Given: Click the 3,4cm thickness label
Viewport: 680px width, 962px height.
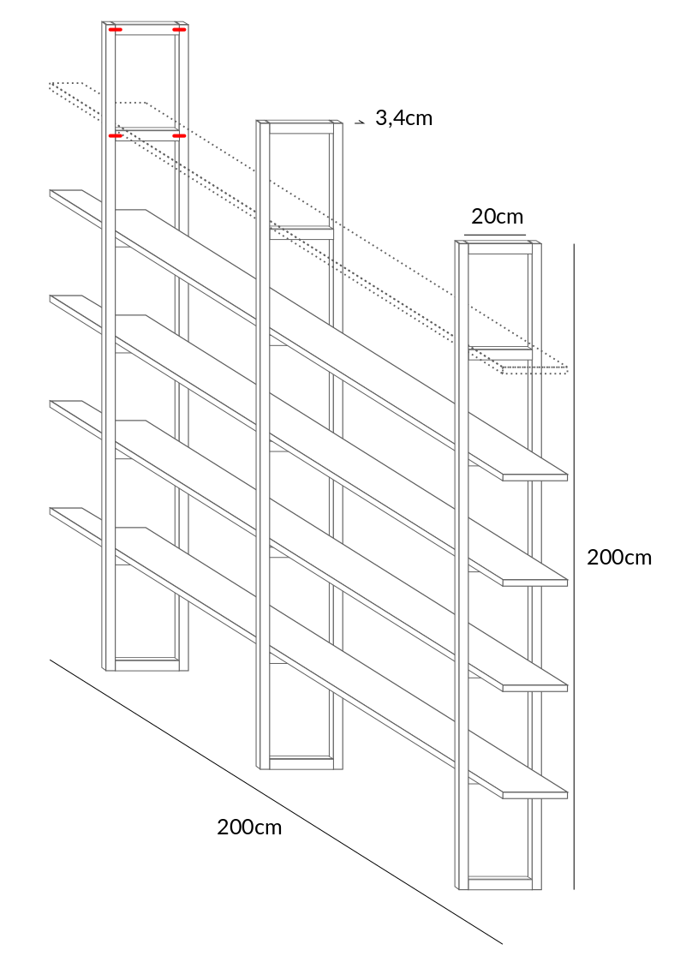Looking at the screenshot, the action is (x=403, y=118).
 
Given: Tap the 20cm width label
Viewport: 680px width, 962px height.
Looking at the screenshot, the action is (x=498, y=217).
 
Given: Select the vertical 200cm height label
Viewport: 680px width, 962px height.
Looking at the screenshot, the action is (x=619, y=557).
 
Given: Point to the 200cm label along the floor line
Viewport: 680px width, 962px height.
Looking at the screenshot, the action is (x=249, y=827).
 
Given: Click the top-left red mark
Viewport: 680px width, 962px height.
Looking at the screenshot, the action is (x=116, y=29).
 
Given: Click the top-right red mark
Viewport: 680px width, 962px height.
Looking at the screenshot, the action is (x=180, y=29).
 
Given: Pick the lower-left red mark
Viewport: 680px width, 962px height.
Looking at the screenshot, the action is (x=116, y=135).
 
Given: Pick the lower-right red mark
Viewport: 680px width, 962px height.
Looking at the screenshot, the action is (x=179, y=135).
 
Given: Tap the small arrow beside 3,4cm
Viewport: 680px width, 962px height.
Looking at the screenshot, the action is (x=361, y=122).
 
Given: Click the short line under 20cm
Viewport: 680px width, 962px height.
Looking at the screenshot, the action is (x=495, y=235).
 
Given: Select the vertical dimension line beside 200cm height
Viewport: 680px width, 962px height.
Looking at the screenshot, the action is (x=574, y=566).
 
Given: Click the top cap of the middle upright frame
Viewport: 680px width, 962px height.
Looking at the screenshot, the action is (x=299, y=122).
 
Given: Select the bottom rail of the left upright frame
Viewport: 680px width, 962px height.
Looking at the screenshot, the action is (x=147, y=664).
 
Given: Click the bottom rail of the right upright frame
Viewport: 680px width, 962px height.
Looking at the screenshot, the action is (x=500, y=883).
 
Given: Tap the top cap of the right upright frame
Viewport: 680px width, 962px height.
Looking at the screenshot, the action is (x=498, y=243).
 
